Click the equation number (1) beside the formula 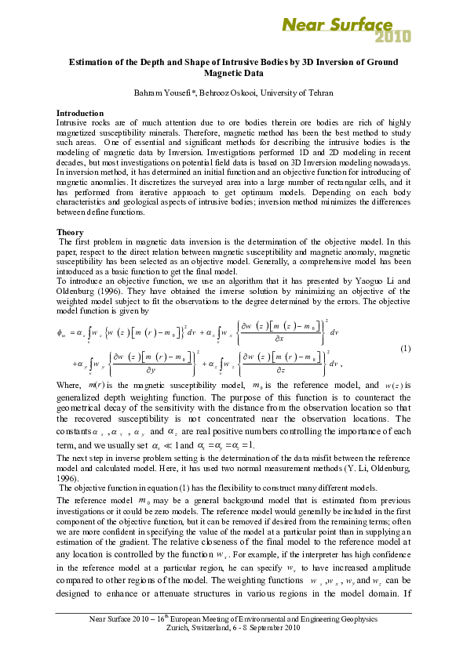(407, 347)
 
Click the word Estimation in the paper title (95, 62)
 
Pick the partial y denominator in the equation (145, 372)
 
